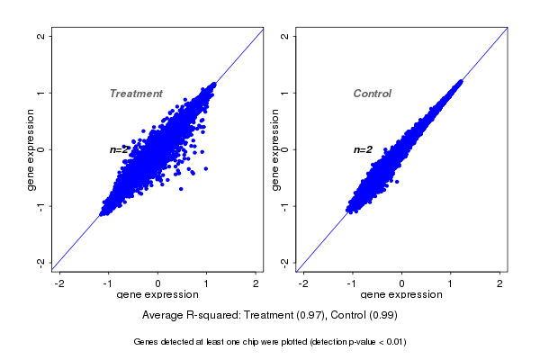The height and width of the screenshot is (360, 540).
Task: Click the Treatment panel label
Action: (136, 94)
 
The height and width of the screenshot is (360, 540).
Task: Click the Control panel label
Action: (372, 94)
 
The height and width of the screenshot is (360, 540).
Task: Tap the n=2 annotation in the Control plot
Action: (363, 149)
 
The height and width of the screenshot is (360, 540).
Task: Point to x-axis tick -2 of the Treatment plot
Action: (60, 283)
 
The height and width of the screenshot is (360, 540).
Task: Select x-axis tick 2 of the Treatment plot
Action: (256, 283)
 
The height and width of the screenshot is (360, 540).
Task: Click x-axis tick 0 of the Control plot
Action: (402, 283)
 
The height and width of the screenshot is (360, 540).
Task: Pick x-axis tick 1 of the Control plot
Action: (451, 283)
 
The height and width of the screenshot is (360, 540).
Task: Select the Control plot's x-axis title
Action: (401, 295)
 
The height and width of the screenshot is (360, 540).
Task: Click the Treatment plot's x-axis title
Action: (157, 295)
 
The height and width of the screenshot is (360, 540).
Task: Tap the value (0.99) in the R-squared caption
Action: (382, 316)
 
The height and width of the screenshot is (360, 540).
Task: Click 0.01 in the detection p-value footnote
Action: (395, 342)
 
